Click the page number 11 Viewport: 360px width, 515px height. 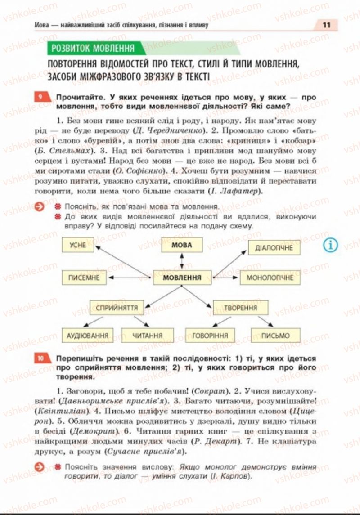327,25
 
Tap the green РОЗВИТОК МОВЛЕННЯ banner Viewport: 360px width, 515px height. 93,48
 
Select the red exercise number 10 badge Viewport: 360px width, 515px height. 40,358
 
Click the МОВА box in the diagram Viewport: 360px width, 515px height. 182,245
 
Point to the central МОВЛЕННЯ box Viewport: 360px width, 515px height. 182,278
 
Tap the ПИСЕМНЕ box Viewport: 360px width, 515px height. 84,278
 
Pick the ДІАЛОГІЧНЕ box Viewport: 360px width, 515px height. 274,248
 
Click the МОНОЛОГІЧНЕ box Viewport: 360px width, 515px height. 270,278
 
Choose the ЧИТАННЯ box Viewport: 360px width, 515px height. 148,336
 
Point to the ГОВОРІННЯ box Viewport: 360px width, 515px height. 210,336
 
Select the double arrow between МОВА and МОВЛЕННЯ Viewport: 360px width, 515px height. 182,261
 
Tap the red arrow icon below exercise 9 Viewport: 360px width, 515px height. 40,206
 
